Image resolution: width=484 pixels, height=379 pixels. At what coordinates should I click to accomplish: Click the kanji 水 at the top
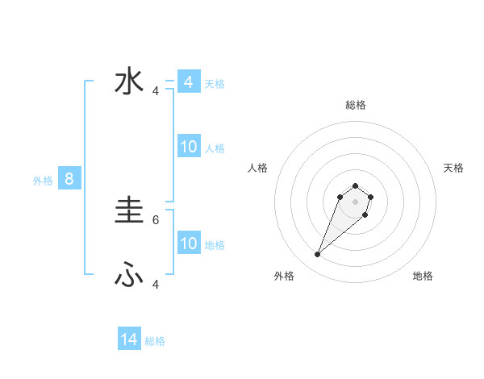(x=130, y=82)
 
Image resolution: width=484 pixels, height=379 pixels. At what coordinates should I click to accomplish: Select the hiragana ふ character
(x=129, y=277)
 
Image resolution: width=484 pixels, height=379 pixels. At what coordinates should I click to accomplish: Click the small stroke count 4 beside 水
(x=156, y=91)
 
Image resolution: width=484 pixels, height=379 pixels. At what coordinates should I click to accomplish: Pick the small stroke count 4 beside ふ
(x=156, y=284)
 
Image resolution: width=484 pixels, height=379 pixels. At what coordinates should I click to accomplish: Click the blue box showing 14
(x=129, y=339)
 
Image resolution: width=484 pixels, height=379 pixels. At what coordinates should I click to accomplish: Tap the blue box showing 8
(x=69, y=179)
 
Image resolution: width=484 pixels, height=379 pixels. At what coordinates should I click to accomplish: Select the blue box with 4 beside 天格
(x=188, y=82)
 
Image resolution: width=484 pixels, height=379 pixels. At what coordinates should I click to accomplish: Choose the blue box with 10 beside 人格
(x=188, y=147)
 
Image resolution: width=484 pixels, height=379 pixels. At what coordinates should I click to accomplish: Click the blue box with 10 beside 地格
(x=188, y=244)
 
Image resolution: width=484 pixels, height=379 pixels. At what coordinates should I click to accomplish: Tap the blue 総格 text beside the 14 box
(x=155, y=341)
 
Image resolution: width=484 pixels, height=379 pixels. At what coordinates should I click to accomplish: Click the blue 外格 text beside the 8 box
(x=43, y=181)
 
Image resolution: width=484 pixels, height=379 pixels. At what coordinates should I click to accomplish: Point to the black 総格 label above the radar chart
(x=356, y=105)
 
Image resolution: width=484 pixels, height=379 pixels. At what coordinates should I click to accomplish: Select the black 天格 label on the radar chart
(x=453, y=168)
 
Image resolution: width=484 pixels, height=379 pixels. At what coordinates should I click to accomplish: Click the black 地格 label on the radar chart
(x=423, y=276)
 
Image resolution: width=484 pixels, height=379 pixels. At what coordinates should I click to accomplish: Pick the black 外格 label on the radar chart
(x=284, y=276)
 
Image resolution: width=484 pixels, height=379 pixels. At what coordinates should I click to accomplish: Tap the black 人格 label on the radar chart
(x=258, y=168)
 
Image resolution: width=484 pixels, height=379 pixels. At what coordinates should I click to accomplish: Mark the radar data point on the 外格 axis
(x=317, y=255)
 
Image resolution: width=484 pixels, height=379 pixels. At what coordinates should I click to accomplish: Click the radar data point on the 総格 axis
(x=355, y=185)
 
